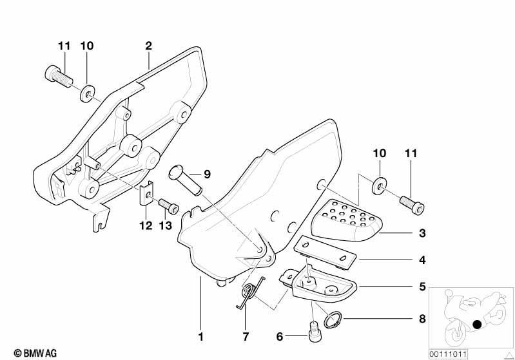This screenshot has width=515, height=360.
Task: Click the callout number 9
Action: [207, 174]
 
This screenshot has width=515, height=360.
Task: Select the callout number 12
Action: [146, 225]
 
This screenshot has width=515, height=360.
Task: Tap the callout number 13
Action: [166, 225]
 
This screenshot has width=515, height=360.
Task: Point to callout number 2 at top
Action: [148, 46]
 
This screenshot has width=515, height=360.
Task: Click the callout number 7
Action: [246, 336]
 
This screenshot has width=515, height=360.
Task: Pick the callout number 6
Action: [280, 336]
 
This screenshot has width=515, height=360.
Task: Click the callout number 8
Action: [422, 319]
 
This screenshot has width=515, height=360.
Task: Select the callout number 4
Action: [422, 260]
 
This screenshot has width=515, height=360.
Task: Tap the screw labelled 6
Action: [315, 332]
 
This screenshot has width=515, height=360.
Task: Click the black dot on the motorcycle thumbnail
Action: [477, 325]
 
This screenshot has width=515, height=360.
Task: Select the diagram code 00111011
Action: [448, 354]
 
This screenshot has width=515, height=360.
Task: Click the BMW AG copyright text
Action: [35, 353]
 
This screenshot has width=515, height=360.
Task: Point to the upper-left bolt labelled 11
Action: [59, 77]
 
